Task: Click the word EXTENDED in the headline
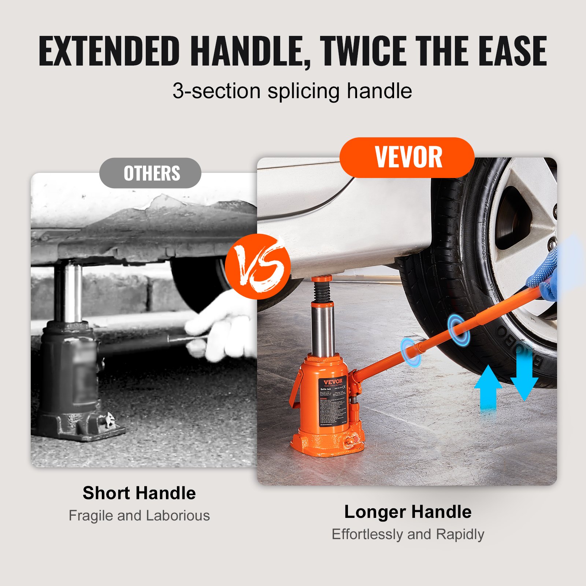pos(109,51)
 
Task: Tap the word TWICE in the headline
pos(366,51)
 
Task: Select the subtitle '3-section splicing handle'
pos(292,91)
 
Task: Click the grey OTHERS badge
pos(151,173)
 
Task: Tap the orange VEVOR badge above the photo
pos(407,157)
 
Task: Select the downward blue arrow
pos(524,374)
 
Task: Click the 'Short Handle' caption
pos(139,493)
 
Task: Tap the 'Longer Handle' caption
pos(408,512)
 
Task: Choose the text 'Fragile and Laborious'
pos(139,516)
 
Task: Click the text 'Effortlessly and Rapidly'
pos(408,534)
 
